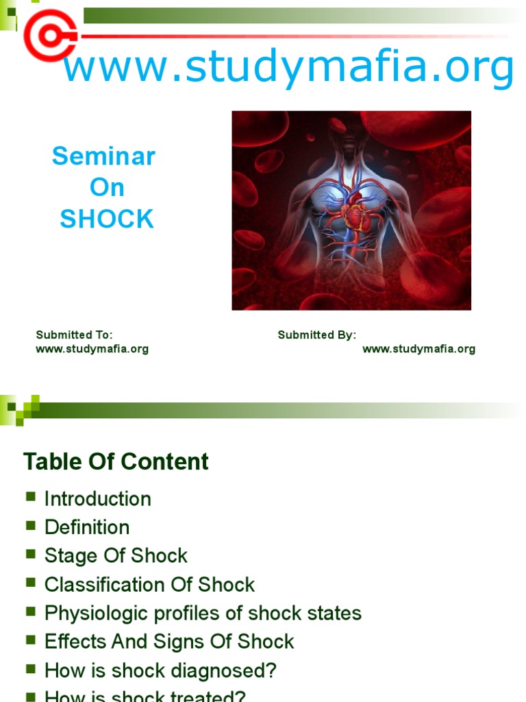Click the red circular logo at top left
49,34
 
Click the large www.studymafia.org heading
288,68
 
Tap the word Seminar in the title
104,156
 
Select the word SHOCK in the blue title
107,219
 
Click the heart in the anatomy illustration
355,215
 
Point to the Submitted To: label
74,335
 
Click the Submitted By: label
316,335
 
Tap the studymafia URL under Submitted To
92,349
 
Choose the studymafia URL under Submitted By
418,349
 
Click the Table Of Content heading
116,461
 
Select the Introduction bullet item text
97,498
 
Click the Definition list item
86,527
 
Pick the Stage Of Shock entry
116,555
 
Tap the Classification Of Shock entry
149,584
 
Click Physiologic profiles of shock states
203,613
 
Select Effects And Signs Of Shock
169,642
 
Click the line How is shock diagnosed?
160,670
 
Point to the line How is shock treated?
145,696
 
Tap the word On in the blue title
107,188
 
